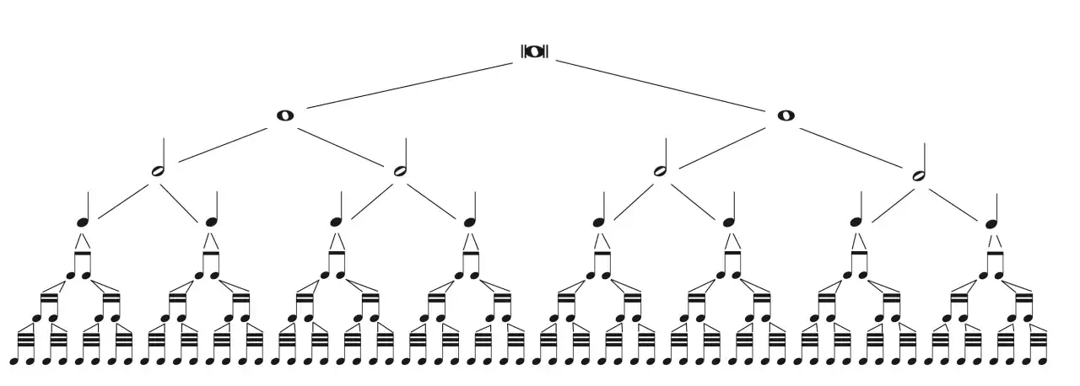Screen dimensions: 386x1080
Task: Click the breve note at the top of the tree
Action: pyautogui.click(x=534, y=51)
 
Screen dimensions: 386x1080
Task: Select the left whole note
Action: pyautogui.click(x=285, y=115)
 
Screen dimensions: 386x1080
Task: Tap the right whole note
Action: pyautogui.click(x=786, y=115)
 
